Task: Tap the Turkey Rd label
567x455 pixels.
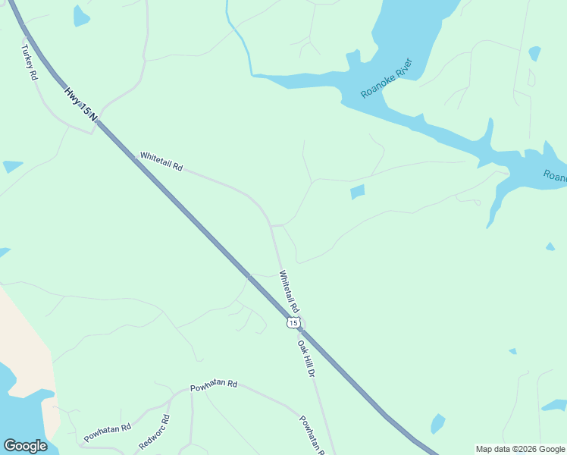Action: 28,62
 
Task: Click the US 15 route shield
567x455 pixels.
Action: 293,323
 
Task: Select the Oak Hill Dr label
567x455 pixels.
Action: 305,358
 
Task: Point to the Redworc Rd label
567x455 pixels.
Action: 154,431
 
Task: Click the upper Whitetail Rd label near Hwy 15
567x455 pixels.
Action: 161,162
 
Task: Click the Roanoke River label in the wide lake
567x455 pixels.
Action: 386,77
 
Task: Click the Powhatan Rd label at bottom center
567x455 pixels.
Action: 214,384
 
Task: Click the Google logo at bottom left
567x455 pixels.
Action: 25,446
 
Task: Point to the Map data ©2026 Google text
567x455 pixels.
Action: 521,449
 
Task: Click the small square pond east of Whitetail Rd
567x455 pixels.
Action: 358,192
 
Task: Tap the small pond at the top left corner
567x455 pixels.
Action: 80,16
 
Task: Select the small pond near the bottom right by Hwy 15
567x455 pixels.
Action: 437,423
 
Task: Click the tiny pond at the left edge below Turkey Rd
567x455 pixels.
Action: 12,166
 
